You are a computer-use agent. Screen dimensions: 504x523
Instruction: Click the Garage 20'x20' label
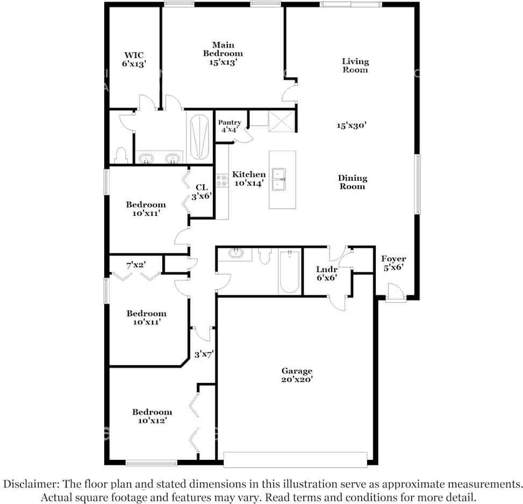coord(297,375)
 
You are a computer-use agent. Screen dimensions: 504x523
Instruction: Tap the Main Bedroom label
coord(223,53)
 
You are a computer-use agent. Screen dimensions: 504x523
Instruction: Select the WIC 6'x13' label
coord(134,59)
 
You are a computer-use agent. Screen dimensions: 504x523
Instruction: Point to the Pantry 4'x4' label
coord(229,126)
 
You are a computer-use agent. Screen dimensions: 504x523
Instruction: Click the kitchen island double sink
coord(279,180)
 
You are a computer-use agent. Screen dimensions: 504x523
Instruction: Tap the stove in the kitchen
coord(221,181)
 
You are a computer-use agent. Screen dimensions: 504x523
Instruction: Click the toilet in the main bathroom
coord(120,155)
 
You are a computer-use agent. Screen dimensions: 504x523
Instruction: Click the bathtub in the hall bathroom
coord(290,272)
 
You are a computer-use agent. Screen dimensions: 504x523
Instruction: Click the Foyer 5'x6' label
coord(393,262)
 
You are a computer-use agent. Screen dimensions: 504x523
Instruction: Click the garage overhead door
coord(295,459)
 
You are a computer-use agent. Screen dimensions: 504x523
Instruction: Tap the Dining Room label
coord(353,182)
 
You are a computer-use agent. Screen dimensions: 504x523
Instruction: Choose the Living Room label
coord(355,66)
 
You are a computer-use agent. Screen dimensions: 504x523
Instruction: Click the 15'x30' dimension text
coord(352,125)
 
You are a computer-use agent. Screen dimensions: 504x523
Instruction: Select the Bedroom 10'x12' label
coord(152,416)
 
